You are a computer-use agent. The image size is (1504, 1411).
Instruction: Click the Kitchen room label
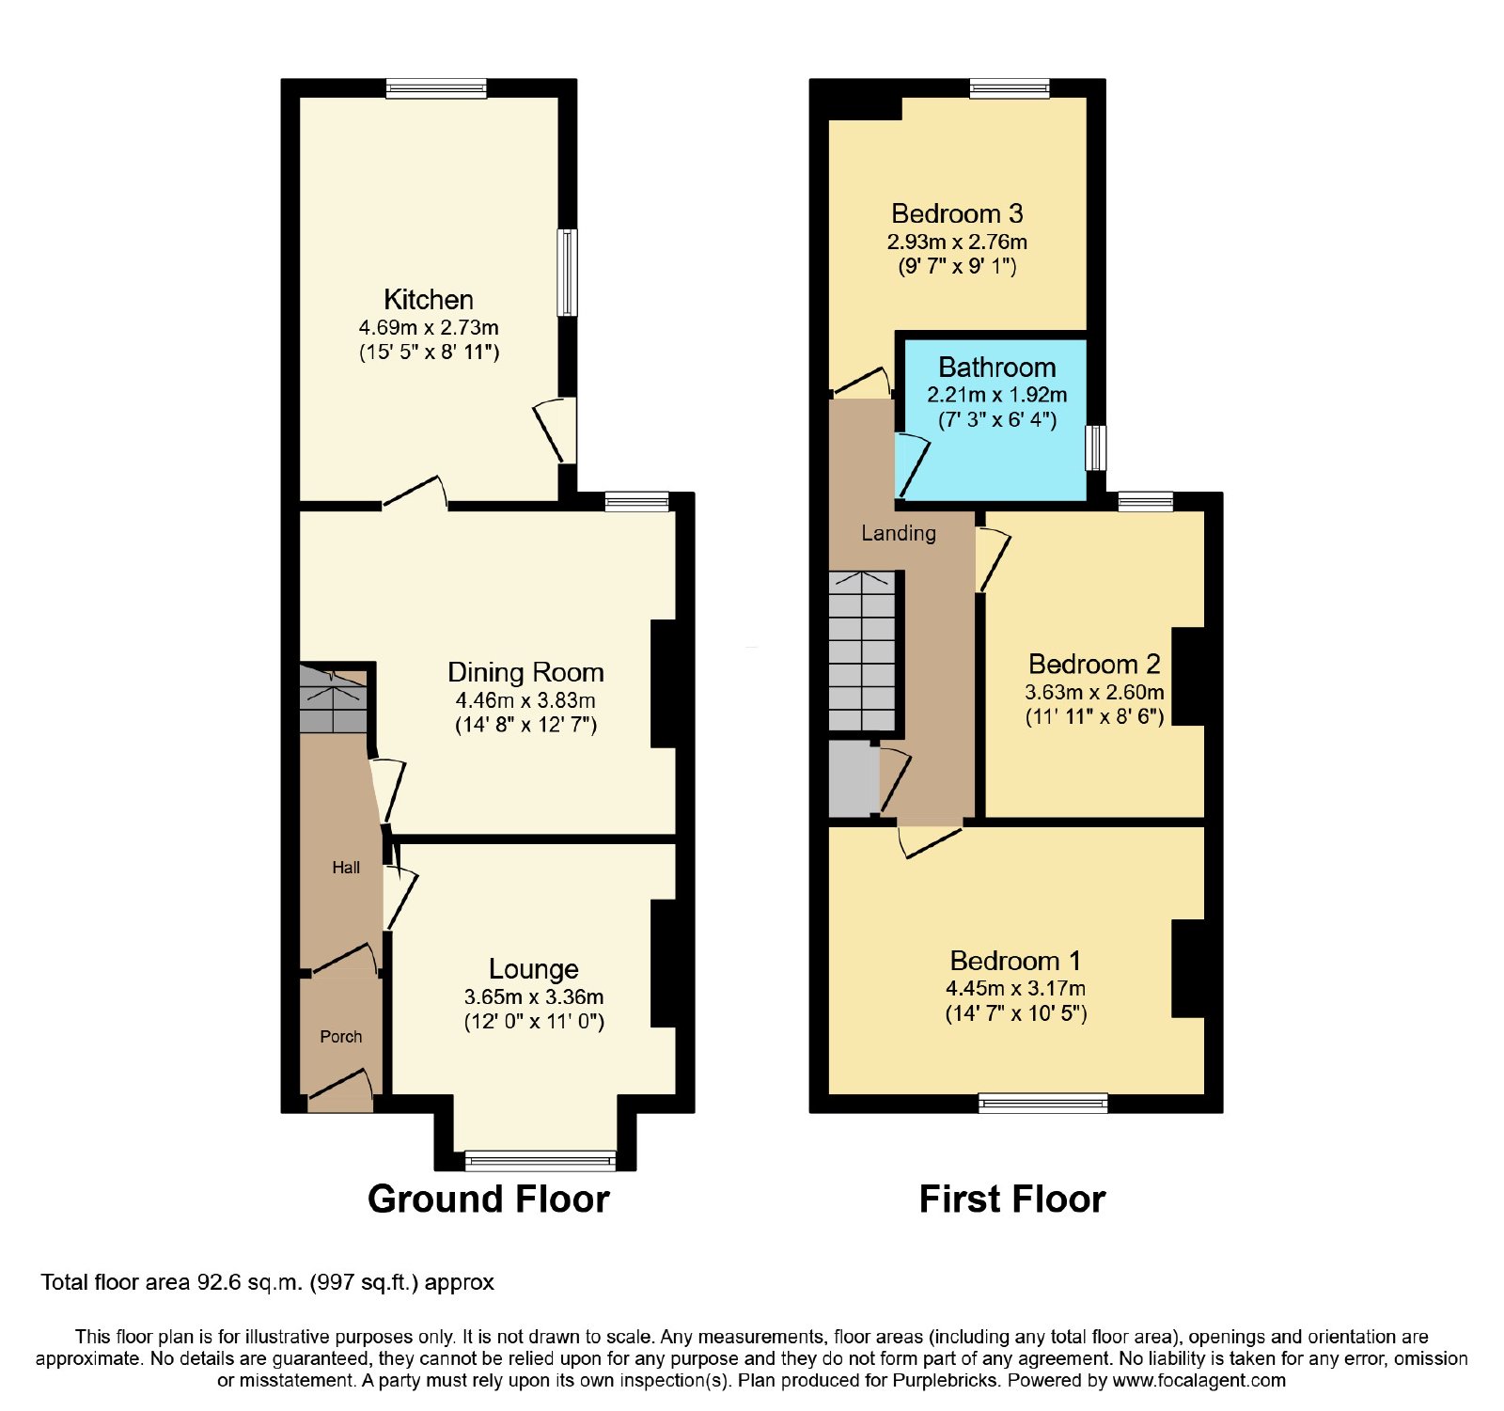pos(429,300)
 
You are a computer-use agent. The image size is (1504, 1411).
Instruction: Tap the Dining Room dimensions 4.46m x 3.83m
pos(525,700)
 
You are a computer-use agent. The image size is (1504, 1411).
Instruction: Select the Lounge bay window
pos(540,1160)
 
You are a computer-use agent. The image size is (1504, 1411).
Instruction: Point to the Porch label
pos(340,1037)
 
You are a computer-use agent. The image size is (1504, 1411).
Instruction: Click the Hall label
pos(346,868)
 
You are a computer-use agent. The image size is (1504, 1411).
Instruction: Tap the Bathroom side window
pos(1096,448)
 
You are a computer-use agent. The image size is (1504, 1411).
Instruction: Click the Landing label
pos(899,533)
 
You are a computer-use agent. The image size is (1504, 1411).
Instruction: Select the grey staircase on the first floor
pos(862,651)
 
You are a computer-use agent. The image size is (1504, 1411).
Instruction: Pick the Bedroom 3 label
pos(957,214)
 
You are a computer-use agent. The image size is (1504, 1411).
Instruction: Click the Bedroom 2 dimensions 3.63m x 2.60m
pos(1094,692)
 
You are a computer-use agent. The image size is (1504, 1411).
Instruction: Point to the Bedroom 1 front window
pos(1043,1104)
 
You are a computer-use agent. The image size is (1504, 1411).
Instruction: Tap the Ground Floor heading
pos(489,1199)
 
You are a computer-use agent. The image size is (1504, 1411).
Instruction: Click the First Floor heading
pos(1012,1199)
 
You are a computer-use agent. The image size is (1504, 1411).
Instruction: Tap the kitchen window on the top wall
pos(436,88)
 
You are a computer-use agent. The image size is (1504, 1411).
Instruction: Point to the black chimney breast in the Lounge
pos(664,964)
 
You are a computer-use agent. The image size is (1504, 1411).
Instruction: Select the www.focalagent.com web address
pos(1199,1381)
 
